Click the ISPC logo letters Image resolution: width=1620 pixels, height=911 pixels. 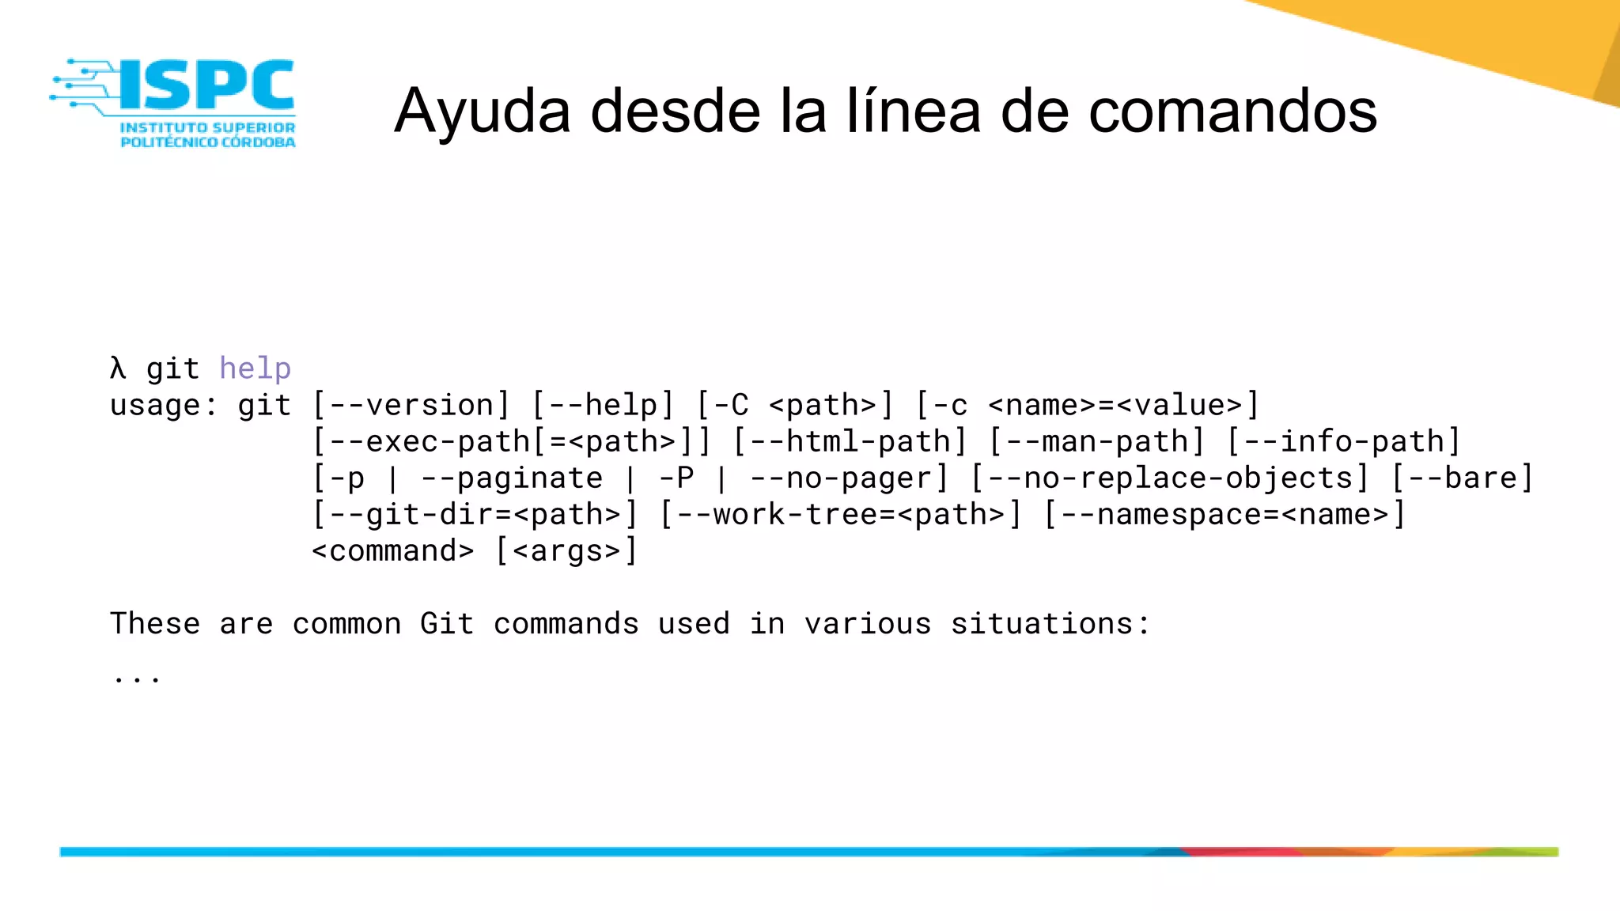tap(207, 85)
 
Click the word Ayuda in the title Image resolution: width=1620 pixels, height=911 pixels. tap(483, 112)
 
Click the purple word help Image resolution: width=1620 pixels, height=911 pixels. tap(255, 369)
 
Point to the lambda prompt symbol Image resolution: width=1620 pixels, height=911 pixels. tap(118, 369)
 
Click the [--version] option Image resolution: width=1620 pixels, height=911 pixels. tap(411, 405)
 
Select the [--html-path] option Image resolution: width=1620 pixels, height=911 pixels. tap(850, 441)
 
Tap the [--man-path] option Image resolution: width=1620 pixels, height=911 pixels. tap(1097, 441)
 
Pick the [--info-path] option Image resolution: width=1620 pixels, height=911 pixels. tap(1343, 441)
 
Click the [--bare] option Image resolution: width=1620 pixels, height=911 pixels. tap(1463, 478)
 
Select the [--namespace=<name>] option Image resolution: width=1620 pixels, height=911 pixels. tap(1224, 514)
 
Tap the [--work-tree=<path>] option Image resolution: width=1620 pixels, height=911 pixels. tap(841, 514)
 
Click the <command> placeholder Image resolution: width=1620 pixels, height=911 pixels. tap(393, 550)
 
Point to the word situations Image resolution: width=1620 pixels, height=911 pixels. tap(1042, 623)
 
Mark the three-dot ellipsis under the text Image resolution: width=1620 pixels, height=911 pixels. tap(137, 677)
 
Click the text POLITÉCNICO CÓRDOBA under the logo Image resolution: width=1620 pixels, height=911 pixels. tap(208, 142)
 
